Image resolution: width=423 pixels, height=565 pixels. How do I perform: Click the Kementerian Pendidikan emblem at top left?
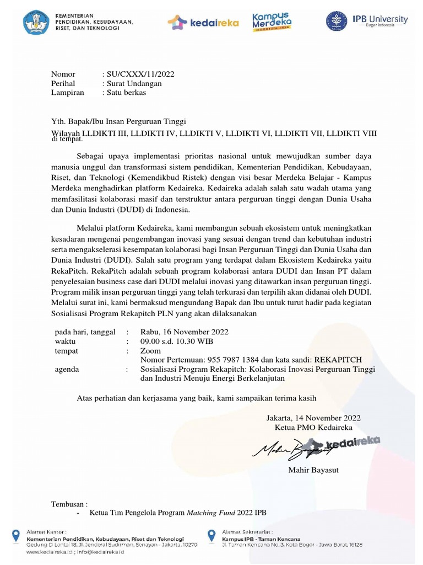[x=36, y=22]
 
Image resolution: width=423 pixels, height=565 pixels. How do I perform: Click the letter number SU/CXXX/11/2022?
[x=140, y=74]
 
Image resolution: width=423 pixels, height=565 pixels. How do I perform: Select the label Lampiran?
[x=68, y=93]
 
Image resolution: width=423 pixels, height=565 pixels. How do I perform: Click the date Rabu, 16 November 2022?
[x=185, y=332]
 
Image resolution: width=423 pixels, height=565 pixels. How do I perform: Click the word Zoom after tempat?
[x=151, y=351]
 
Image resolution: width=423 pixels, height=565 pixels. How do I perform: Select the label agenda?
[x=67, y=369]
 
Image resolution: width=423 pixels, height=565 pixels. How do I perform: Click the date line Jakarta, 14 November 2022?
[x=314, y=418]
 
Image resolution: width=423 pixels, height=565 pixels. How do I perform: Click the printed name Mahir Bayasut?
[x=313, y=470]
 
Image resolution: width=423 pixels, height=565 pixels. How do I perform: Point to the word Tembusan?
[x=68, y=504]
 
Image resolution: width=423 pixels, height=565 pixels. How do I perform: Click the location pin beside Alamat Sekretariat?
[x=211, y=535]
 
